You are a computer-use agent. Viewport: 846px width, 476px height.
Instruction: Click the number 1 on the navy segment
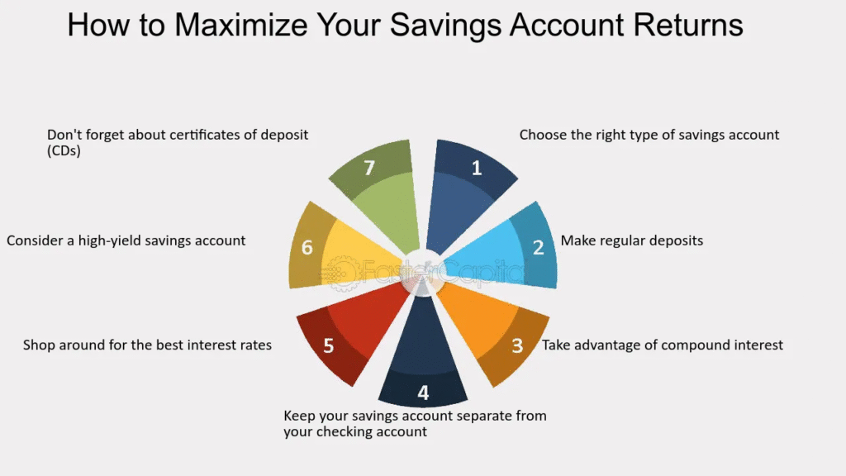coord(477,168)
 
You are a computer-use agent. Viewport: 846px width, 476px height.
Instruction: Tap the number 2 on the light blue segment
coord(538,247)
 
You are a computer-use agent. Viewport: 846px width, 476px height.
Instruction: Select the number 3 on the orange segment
coord(517,345)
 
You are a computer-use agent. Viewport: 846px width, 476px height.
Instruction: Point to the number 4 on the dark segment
coord(423,393)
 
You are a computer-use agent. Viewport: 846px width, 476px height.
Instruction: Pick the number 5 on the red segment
coord(328,345)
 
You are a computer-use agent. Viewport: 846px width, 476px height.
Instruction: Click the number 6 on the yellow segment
coord(307,247)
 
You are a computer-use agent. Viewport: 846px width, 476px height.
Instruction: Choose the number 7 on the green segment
coord(369,168)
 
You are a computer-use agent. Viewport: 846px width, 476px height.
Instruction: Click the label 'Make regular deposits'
coord(632,240)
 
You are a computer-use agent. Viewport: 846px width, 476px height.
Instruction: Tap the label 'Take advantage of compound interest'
coord(662,345)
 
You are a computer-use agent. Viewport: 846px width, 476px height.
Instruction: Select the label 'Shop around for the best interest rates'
coord(147,345)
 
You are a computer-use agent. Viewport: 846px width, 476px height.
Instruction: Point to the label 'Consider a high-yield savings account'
coord(126,240)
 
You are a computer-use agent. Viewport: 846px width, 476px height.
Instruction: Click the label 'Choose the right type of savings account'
coord(649,135)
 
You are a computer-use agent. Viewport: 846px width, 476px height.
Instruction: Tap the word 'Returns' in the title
coord(688,25)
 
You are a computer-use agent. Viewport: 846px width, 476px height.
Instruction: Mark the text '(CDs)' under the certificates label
coord(64,150)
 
